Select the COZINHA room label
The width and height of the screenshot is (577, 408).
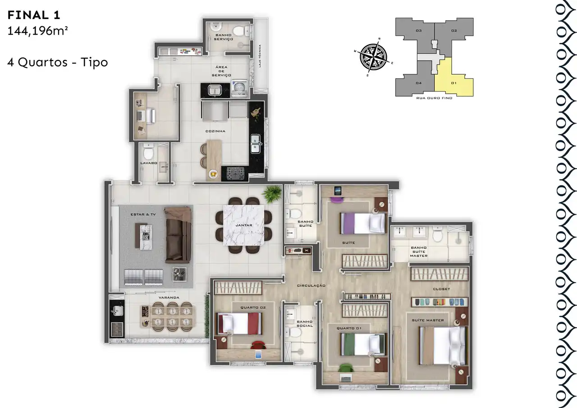tap(215, 131)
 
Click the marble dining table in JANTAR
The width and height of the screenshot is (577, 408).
tap(243, 225)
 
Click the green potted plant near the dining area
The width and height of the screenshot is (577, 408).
tap(272, 194)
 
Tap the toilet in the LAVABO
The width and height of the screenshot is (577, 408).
tap(148, 152)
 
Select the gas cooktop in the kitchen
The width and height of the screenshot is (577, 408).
tap(235, 173)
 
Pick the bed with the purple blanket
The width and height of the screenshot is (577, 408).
tap(363, 223)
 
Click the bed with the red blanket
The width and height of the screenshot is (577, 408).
tap(239, 324)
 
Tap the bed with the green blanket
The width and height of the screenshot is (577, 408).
tap(363, 344)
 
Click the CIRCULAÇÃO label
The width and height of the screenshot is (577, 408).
tap(311, 286)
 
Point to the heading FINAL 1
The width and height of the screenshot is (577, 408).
tap(34, 15)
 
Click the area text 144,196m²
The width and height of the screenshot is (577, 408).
tap(37, 31)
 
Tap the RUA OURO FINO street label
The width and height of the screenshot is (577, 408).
tap(434, 98)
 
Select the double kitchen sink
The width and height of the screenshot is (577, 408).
tap(255, 144)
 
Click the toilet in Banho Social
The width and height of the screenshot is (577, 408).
tap(293, 332)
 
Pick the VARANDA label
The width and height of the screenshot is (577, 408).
tap(169, 298)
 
